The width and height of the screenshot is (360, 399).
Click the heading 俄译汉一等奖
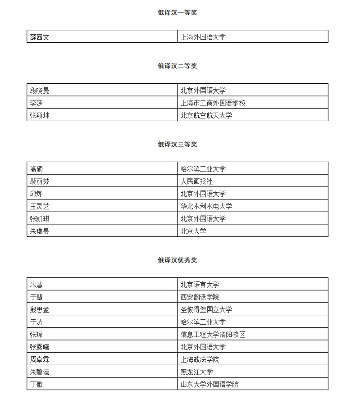[x=177, y=13]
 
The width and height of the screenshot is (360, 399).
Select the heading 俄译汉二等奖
[x=177, y=66]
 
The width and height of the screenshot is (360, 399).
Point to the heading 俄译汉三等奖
[x=177, y=145]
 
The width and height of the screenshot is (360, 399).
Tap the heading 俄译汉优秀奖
[x=177, y=260]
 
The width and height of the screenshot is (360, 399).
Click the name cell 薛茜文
[x=40, y=37]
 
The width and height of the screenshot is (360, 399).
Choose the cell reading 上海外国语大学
[x=203, y=37]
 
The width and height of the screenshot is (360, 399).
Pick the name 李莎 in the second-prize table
[x=36, y=103]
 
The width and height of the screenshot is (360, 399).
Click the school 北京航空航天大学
[x=206, y=115]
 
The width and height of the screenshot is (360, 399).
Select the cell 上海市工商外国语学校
[x=213, y=103]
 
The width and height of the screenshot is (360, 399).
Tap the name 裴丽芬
[x=40, y=181]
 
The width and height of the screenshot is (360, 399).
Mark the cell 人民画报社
[x=196, y=181]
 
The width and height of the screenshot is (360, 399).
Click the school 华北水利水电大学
[x=206, y=206]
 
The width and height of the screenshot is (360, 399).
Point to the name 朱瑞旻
[x=40, y=231]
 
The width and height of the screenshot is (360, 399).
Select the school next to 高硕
[x=203, y=169]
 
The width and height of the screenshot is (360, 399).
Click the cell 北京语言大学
[x=200, y=285]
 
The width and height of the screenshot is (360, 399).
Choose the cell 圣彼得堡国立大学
[x=206, y=309]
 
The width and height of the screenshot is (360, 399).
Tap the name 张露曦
[x=40, y=347]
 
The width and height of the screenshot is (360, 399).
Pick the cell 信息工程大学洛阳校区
[x=213, y=335]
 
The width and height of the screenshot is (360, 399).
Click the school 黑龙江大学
[x=196, y=372]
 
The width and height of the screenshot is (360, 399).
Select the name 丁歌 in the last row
[x=36, y=385]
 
